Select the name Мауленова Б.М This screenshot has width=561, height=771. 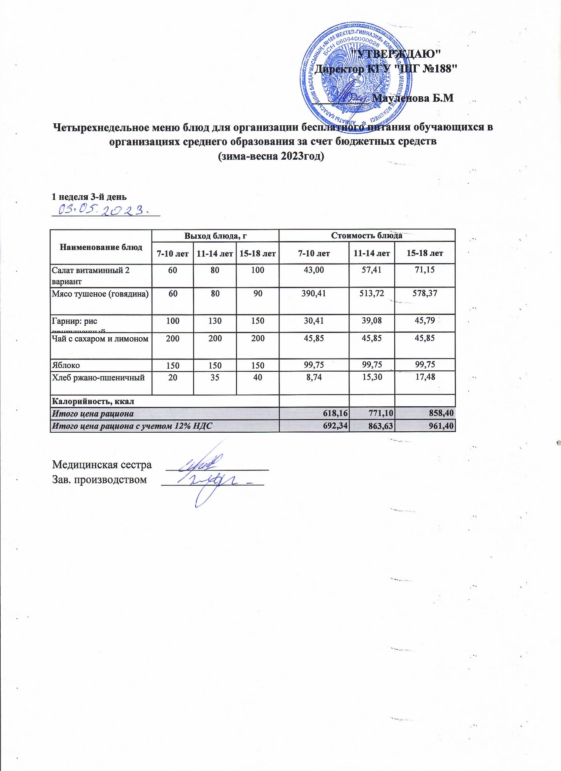pos(413,98)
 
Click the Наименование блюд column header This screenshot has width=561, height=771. pos(101,247)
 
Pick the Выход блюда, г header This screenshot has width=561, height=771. pos(215,235)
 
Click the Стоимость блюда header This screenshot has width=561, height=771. pos(367,235)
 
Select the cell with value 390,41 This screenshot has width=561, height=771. pos(314,293)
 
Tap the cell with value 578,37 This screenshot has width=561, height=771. pos(425,293)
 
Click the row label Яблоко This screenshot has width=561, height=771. pos(66,365)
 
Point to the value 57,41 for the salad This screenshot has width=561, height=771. pos(372,270)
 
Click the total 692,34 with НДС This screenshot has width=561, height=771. pos(334,426)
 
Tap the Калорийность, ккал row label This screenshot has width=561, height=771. pos(92,401)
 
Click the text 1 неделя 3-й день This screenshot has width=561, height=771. pos(89,197)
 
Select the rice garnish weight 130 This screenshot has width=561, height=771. pos(215,321)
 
